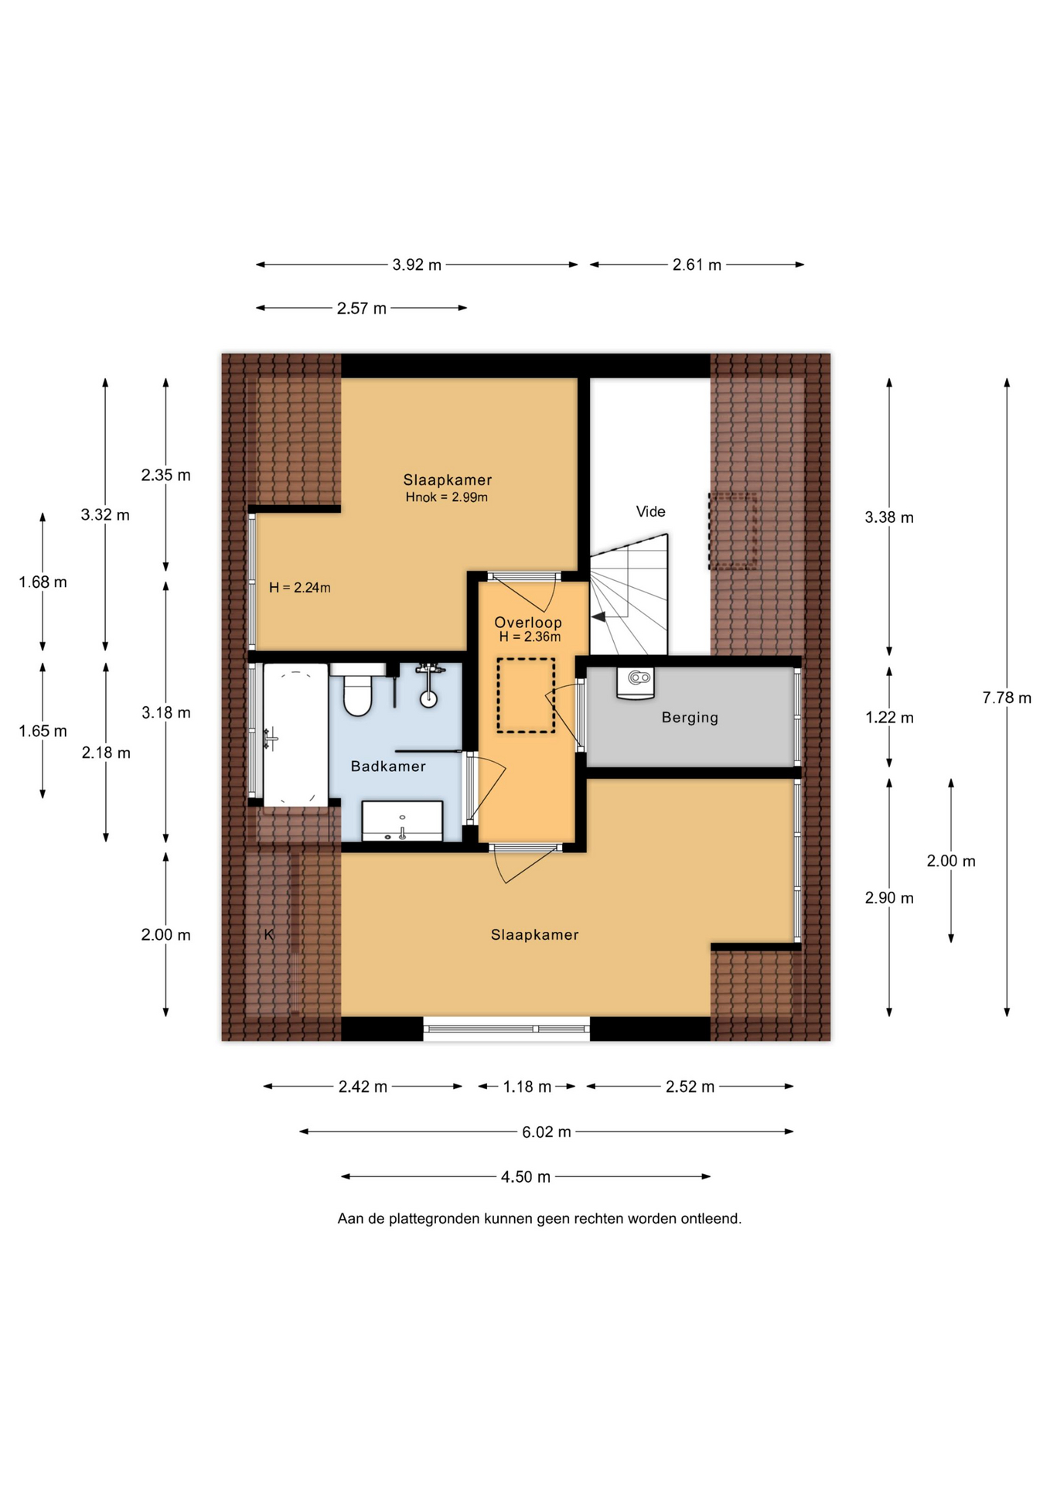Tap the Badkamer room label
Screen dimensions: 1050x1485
tap(388, 766)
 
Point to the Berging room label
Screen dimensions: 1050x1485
tap(690, 718)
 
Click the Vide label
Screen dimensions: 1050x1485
tap(650, 511)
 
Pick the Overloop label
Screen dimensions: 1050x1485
tap(528, 623)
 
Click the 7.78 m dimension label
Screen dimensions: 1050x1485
tap(1007, 698)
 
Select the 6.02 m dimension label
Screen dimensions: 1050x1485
tap(546, 1132)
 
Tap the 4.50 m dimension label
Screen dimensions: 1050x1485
tap(526, 1177)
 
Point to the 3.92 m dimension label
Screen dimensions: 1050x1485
tap(417, 265)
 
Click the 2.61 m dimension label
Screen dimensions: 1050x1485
tap(697, 265)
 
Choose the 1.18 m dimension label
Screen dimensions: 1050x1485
tap(527, 1087)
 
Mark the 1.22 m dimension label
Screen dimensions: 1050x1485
tap(889, 718)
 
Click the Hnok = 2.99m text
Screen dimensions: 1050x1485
tap(447, 497)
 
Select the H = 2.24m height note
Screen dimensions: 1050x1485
tap(300, 588)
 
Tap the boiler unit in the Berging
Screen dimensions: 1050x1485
tap(636, 683)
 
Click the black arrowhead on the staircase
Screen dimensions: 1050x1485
tap(598, 616)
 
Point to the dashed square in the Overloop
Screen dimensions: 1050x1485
tap(526, 695)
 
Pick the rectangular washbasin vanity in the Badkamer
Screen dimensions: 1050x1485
tap(402, 821)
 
